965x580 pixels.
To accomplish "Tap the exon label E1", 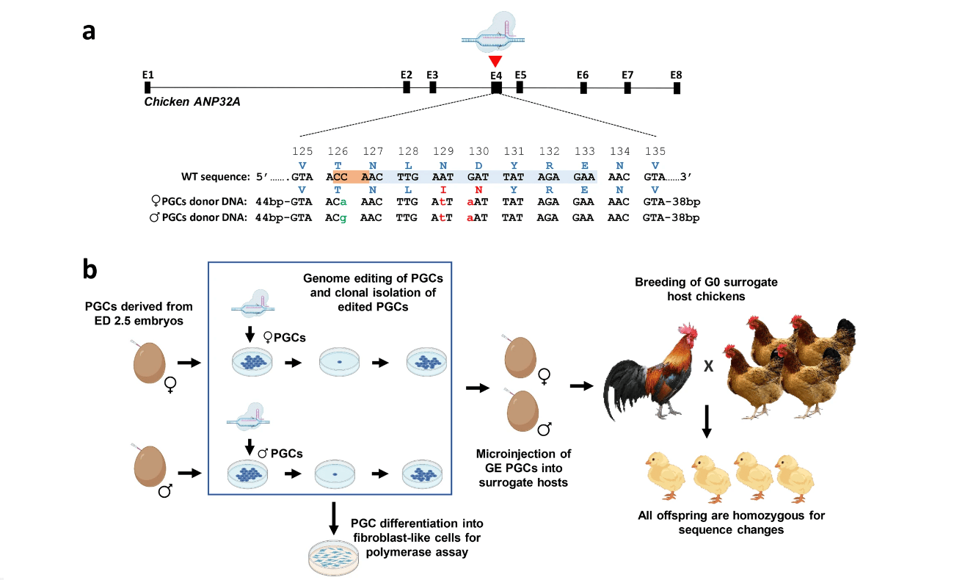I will point(148,75).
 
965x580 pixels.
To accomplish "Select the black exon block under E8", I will point(677,88).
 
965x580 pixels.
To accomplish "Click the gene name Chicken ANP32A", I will point(192,102).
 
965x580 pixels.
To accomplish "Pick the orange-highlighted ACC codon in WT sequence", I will point(338,177).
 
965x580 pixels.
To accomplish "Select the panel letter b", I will point(90,270).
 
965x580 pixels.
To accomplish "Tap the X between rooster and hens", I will point(708,367).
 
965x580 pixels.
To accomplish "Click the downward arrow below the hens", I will point(706,421).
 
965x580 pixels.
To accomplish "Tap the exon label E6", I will point(583,75).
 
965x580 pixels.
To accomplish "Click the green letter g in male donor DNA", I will point(343,218).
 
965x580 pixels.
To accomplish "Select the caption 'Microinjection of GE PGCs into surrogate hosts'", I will point(524,468).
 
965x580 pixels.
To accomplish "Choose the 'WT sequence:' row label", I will point(215,177).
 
